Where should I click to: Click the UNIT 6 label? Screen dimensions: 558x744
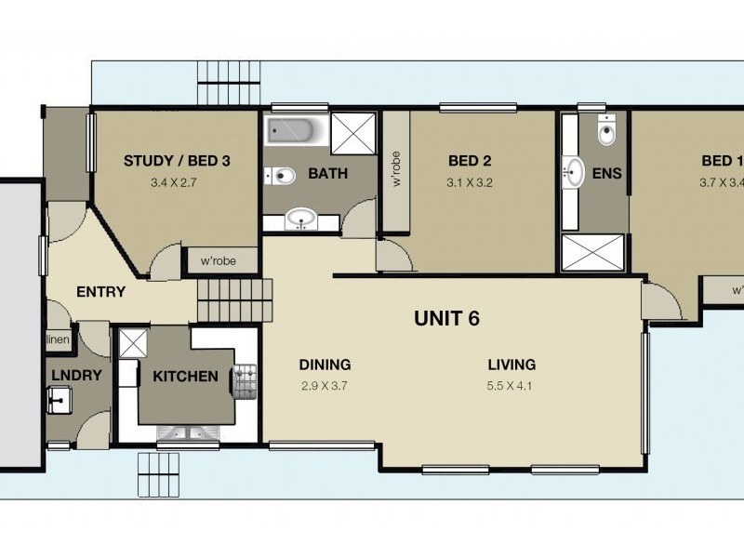(445, 319)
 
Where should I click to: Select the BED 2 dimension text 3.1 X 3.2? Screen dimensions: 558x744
(469, 183)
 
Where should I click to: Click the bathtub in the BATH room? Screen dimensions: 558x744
(295, 131)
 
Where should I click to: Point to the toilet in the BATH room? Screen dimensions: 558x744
(280, 175)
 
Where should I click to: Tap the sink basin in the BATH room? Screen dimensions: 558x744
(300, 219)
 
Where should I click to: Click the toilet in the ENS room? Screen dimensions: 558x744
(606, 132)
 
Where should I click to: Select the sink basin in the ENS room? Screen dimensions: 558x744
(575, 172)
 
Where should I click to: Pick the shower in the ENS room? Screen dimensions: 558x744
(594, 253)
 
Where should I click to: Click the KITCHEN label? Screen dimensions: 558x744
(185, 377)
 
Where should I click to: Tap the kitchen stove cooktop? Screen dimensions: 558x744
(246, 378)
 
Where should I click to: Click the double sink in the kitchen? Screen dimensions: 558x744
(188, 433)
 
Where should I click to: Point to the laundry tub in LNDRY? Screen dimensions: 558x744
(60, 401)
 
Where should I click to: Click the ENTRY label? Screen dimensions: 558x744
(100, 292)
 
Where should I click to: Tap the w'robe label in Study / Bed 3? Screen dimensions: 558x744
(219, 262)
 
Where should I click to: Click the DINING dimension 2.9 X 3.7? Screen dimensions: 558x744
(324, 384)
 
